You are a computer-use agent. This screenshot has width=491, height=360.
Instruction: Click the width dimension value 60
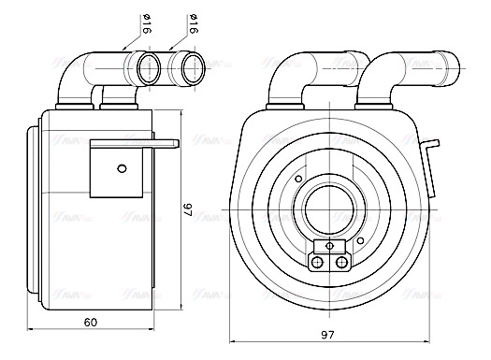coord(90,324)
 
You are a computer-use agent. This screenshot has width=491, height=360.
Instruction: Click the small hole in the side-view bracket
coord(120,168)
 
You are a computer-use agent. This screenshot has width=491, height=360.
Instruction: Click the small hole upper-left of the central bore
coord(297,180)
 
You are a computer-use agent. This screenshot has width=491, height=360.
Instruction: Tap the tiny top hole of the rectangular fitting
coord(329,246)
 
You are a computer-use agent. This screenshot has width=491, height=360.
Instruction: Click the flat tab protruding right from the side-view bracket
coord(165,144)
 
